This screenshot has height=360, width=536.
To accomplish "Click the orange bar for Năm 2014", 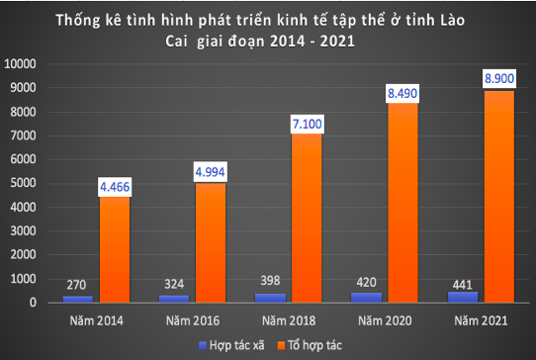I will click(115, 248).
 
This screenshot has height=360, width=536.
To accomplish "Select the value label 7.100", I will click(308, 125).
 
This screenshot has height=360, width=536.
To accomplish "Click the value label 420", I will click(367, 281).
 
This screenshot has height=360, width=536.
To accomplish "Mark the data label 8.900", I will click(498, 77).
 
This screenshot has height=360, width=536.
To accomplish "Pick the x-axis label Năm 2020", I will click(386, 320).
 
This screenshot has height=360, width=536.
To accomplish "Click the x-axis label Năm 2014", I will click(98, 320).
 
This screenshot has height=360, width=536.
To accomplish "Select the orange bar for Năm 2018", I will click(308, 218).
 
